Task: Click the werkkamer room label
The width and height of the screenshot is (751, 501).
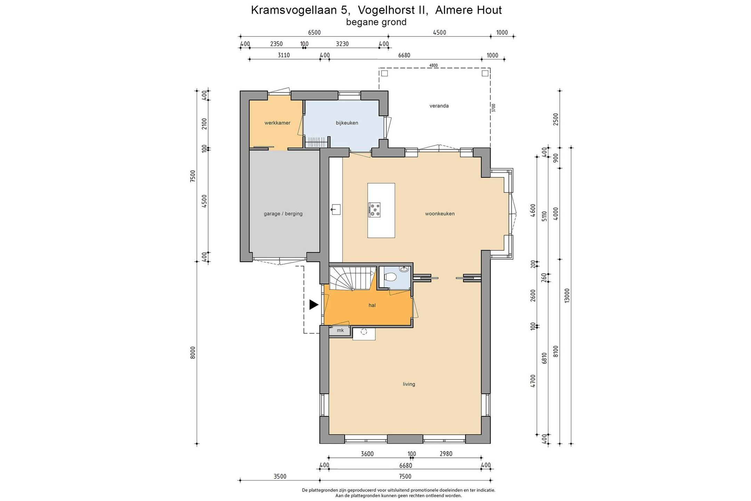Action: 277,123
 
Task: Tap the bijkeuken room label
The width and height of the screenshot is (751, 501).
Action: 347,123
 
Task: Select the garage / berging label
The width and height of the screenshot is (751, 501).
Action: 283,214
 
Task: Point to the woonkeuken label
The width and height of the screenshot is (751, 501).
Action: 439,214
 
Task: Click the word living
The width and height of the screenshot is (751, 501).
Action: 409,384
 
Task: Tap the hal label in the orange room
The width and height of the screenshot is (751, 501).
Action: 372,305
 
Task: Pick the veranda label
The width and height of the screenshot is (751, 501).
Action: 439,106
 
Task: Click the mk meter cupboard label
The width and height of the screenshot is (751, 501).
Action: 340,330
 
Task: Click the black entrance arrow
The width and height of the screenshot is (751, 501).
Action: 314,305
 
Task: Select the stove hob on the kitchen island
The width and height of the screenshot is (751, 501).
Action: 374,210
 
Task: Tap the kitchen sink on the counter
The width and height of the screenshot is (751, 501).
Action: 336,209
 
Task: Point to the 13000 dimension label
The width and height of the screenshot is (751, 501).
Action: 567,296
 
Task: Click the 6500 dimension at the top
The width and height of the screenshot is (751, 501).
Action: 314,33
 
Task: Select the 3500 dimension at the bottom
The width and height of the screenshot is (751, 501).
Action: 280,476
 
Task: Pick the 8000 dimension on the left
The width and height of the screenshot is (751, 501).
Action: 193,352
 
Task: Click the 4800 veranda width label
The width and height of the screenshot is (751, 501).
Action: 433,65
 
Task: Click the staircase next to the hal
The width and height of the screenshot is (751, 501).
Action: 353,278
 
